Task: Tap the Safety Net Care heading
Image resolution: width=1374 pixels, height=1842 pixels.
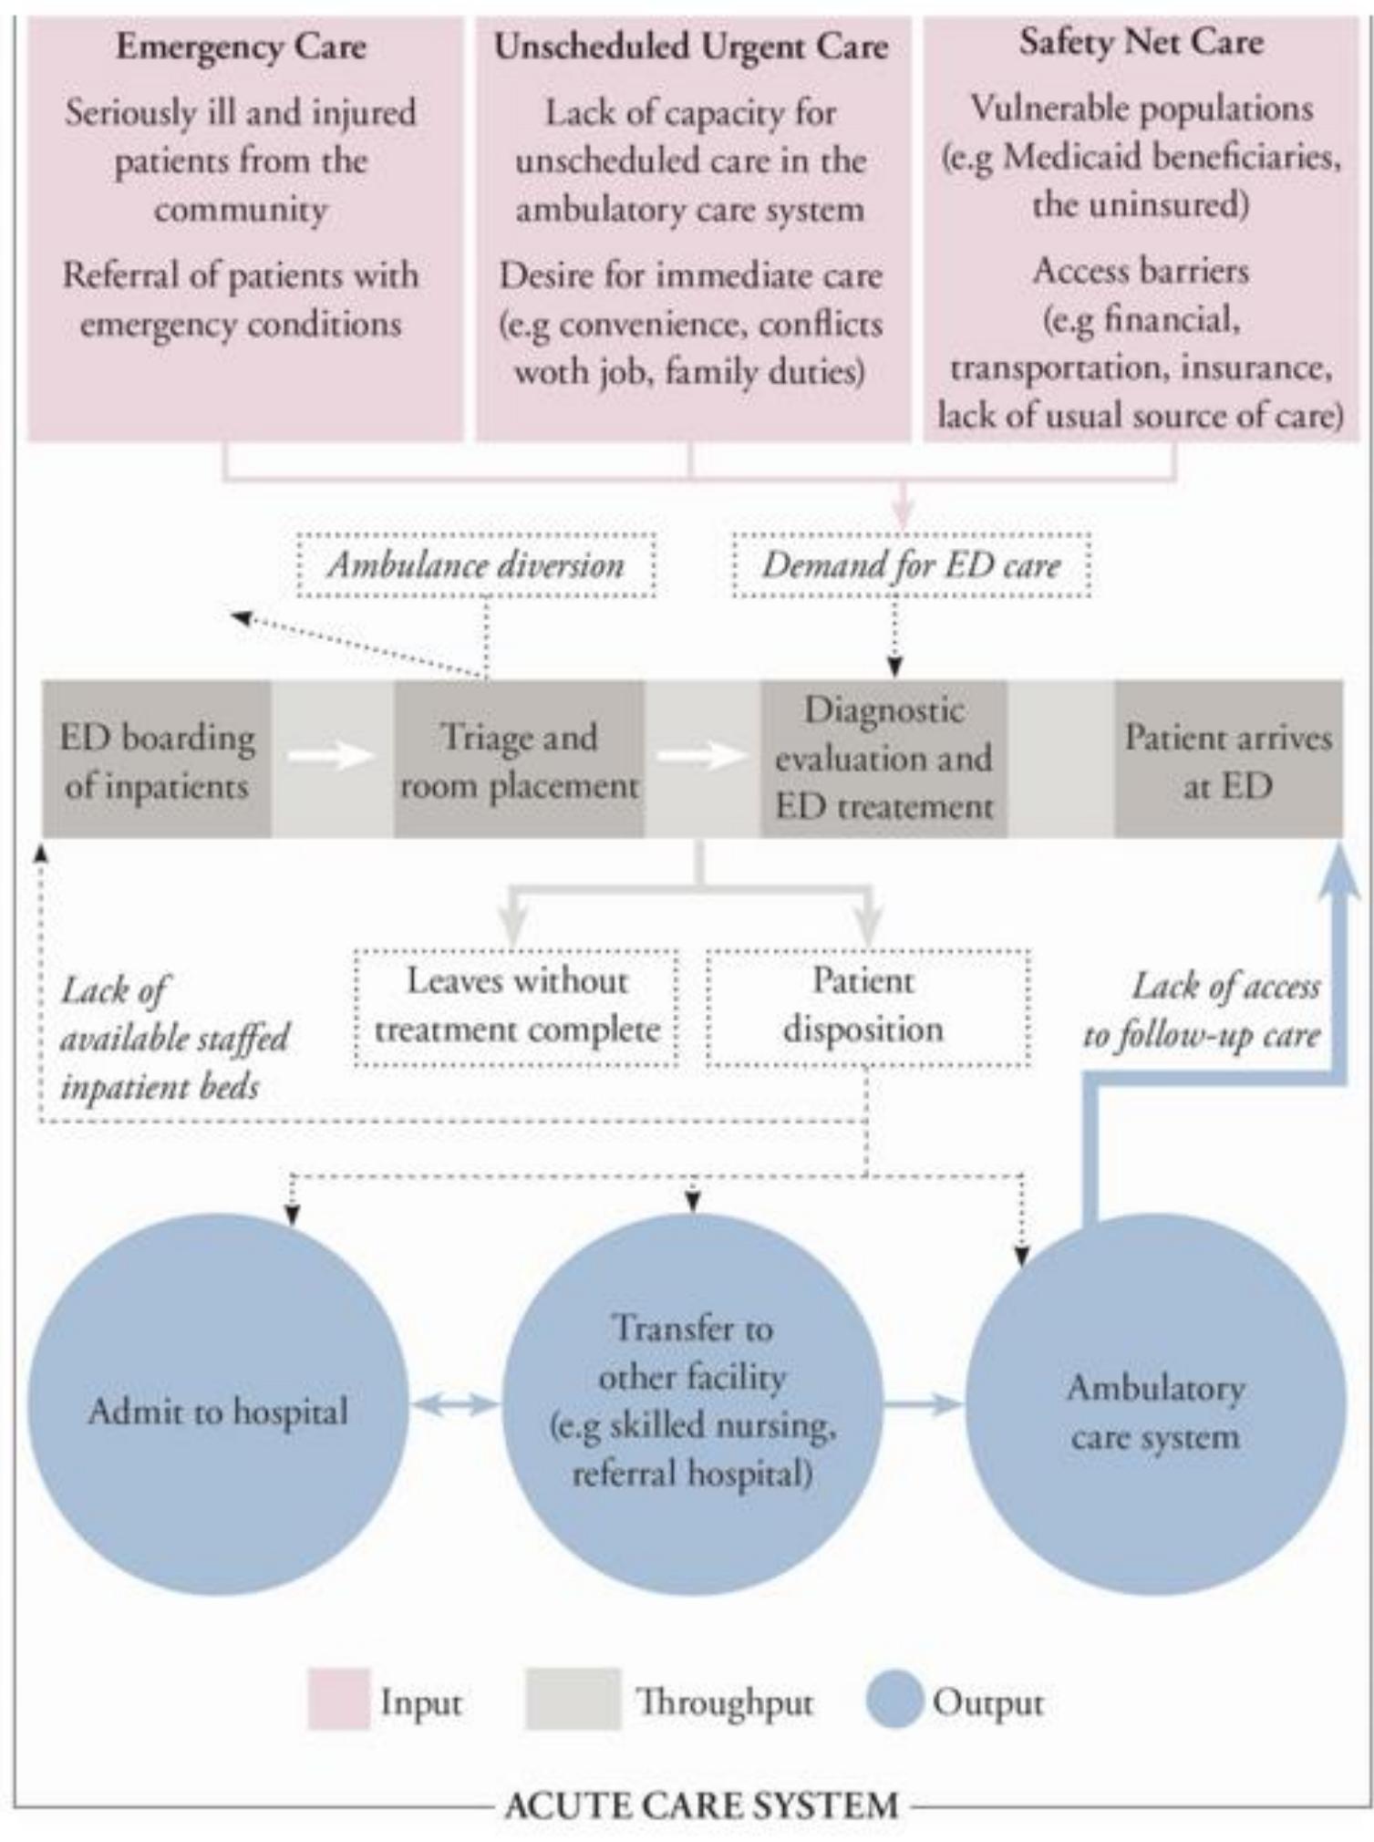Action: pos(1142,43)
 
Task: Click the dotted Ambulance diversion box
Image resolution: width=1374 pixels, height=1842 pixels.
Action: pos(476,565)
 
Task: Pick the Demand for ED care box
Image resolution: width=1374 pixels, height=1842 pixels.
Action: pos(911,565)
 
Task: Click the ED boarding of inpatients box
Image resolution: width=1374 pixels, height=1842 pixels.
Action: pos(157,760)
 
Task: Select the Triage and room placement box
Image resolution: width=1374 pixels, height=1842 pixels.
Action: pos(519,760)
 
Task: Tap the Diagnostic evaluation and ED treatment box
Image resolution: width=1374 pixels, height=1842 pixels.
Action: pos(883,759)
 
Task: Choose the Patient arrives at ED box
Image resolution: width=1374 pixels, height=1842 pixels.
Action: pos(1228,760)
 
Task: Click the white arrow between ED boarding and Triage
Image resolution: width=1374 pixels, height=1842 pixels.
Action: pos(330,755)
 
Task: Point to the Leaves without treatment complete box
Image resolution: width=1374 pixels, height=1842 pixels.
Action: pos(516,1007)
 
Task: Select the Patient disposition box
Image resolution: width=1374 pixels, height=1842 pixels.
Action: pos(867,1007)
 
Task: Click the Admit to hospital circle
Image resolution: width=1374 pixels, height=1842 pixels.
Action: pos(217,1411)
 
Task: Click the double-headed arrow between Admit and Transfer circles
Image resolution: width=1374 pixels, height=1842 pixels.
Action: pos(455,1405)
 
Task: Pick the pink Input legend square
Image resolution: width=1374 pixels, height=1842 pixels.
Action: pos(339,1699)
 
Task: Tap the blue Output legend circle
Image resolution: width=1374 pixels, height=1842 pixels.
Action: pos(894,1699)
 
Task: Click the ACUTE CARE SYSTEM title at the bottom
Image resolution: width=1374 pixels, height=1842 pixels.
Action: pos(701,1806)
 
